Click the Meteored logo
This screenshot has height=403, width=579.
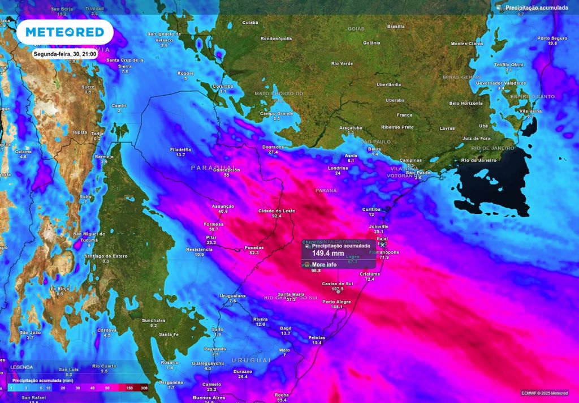point(64,32)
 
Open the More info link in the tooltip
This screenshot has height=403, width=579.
point(324,264)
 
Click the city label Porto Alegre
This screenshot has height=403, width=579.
point(336,302)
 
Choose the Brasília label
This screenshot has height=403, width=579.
point(396,26)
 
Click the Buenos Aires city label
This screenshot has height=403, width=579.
point(209,397)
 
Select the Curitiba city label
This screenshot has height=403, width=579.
point(371,209)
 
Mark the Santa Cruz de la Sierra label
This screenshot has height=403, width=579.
point(125,63)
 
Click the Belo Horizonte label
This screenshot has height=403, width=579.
point(465,103)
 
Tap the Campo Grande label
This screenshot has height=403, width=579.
point(276,113)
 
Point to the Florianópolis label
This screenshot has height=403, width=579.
point(384,252)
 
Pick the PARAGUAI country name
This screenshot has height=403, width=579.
point(208,168)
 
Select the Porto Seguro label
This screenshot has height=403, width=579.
point(552,38)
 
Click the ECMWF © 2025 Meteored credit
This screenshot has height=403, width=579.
point(545,393)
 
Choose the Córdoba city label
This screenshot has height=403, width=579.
point(107,329)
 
